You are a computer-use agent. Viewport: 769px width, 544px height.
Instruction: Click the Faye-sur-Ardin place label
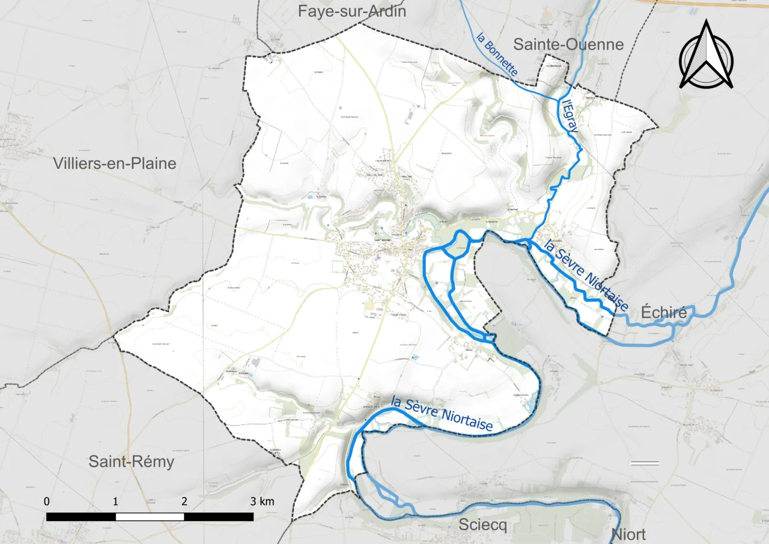pyautogui.click(x=352, y=11)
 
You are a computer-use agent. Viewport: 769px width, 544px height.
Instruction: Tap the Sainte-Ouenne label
pyautogui.click(x=568, y=44)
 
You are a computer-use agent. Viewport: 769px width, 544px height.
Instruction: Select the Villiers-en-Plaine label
pyautogui.click(x=114, y=163)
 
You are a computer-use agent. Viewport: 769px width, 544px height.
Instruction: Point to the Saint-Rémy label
pyautogui.click(x=131, y=462)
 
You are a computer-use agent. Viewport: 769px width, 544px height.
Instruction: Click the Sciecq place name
pyautogui.click(x=482, y=525)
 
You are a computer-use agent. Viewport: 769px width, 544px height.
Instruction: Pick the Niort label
pyautogui.click(x=628, y=534)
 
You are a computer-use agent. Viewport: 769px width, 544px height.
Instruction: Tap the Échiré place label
pyautogui.click(x=664, y=313)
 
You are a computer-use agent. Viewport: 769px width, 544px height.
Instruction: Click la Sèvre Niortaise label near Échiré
pyautogui.click(x=586, y=276)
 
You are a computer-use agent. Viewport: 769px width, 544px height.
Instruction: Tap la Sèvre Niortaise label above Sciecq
pyautogui.click(x=442, y=414)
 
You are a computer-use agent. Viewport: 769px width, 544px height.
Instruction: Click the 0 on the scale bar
pyautogui.click(x=47, y=501)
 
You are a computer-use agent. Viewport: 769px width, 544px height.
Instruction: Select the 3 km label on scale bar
pyautogui.click(x=262, y=501)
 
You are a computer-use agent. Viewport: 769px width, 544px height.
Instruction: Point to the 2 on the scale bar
pyautogui.click(x=184, y=501)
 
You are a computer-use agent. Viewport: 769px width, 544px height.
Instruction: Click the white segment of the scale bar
pyautogui.click(x=150, y=517)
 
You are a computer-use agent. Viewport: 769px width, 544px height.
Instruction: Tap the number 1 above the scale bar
pyautogui.click(x=115, y=501)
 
